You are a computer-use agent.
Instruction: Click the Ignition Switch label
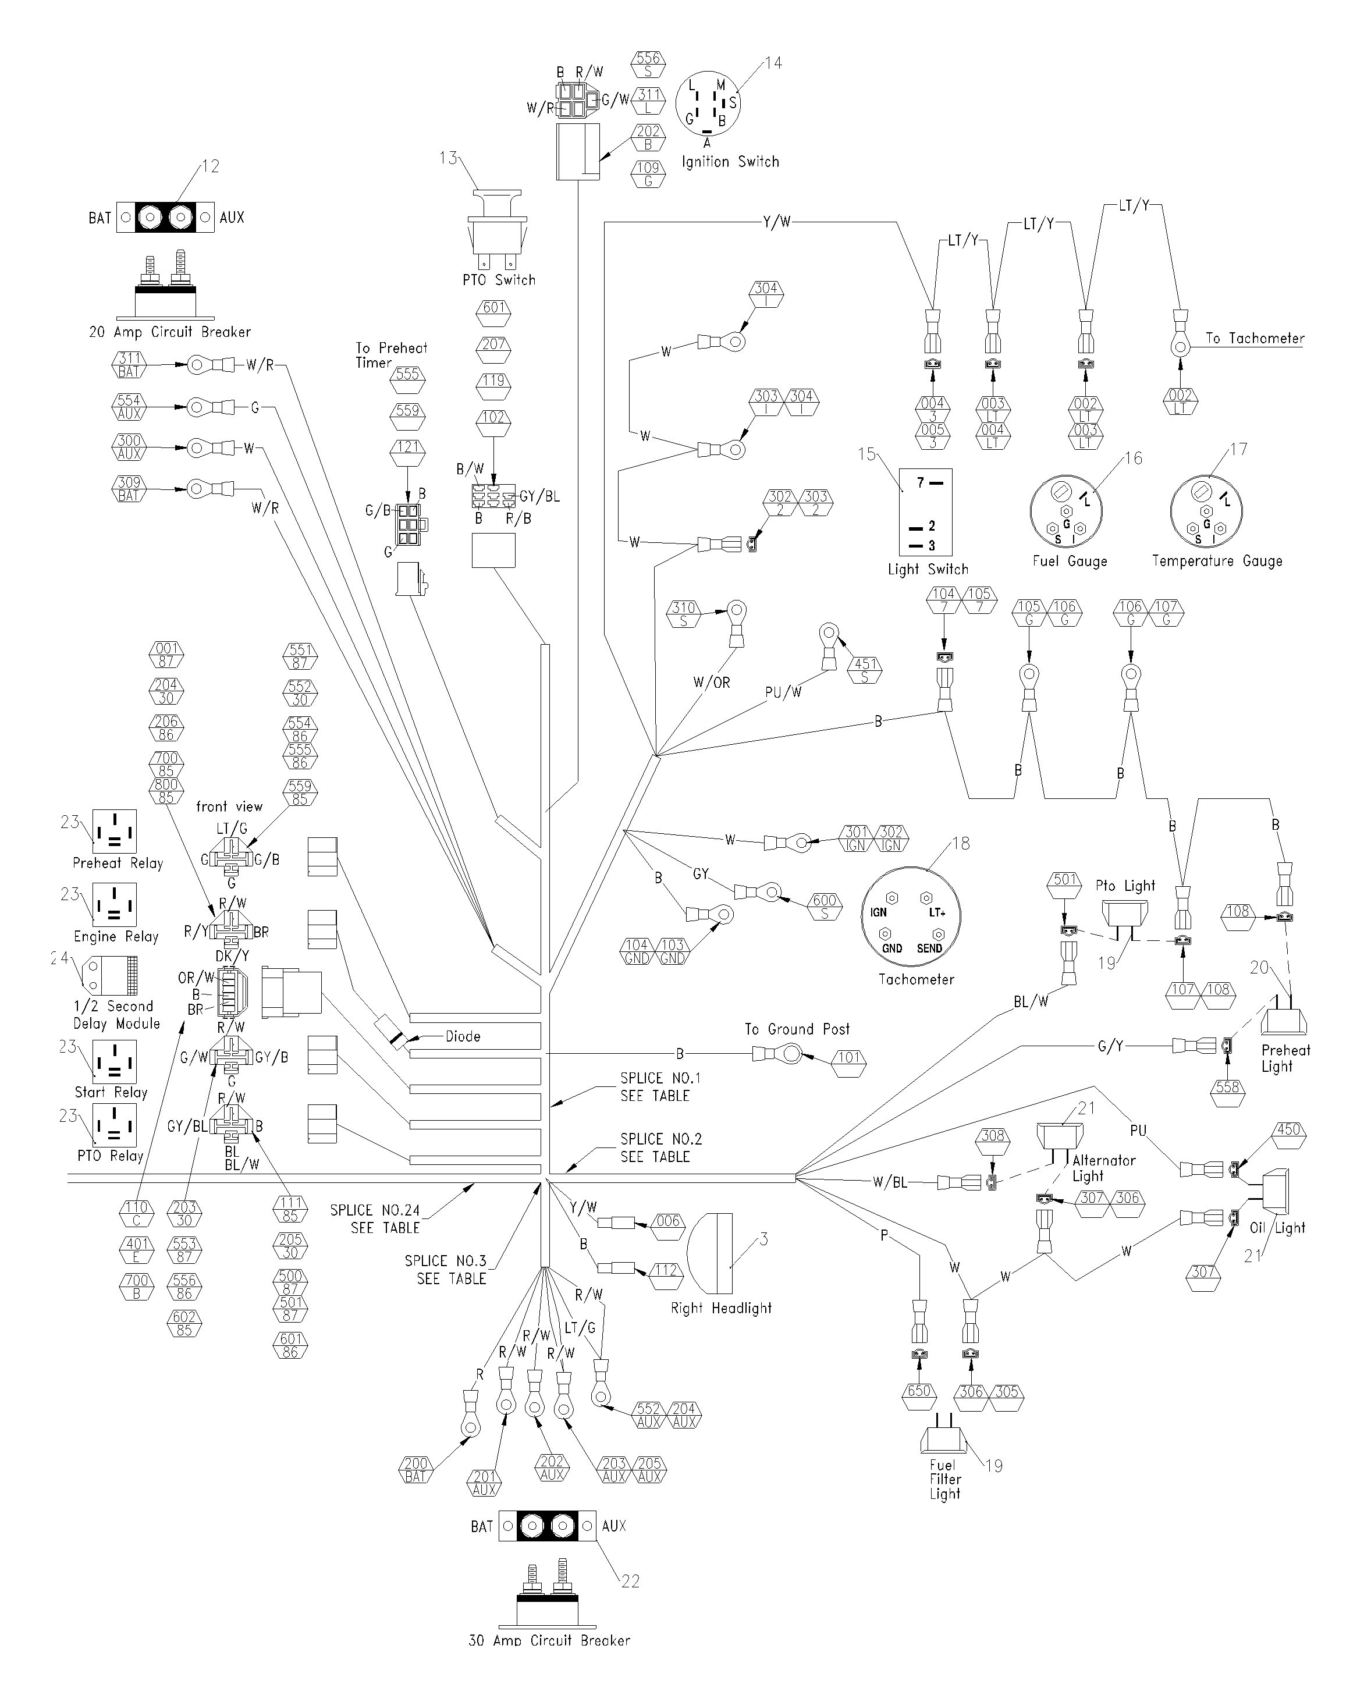[730, 162]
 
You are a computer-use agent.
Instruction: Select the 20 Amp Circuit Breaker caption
[170, 332]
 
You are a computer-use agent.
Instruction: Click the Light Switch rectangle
[926, 513]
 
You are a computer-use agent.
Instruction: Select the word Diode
[463, 1036]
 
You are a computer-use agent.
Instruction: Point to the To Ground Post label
[797, 1029]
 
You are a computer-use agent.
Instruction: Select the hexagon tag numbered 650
[919, 1397]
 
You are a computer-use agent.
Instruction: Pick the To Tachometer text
[1255, 338]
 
